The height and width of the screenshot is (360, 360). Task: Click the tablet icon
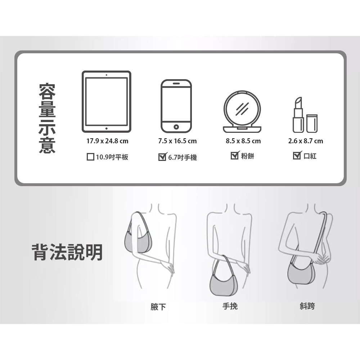click(x=107, y=102)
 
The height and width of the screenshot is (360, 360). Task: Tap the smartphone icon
click(x=176, y=106)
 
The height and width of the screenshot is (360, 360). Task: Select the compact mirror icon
click(x=242, y=112)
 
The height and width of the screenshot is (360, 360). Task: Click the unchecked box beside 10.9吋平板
click(x=90, y=157)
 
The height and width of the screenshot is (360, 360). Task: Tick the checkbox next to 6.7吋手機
click(x=162, y=157)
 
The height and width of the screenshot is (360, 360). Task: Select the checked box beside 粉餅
click(x=235, y=156)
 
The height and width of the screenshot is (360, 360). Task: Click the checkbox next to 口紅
click(x=297, y=156)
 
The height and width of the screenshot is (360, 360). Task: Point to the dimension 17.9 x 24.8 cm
click(x=107, y=141)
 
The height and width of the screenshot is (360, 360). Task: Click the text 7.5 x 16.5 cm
click(x=177, y=141)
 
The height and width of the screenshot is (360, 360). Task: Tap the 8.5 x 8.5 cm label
click(x=243, y=141)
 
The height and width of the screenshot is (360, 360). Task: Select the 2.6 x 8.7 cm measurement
click(x=306, y=141)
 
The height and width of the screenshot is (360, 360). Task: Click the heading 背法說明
click(x=67, y=252)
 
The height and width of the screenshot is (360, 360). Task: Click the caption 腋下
click(x=158, y=307)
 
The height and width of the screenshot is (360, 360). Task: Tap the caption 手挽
click(x=230, y=306)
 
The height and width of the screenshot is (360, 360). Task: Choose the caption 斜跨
click(x=307, y=306)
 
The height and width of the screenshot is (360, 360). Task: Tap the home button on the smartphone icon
click(x=176, y=127)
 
